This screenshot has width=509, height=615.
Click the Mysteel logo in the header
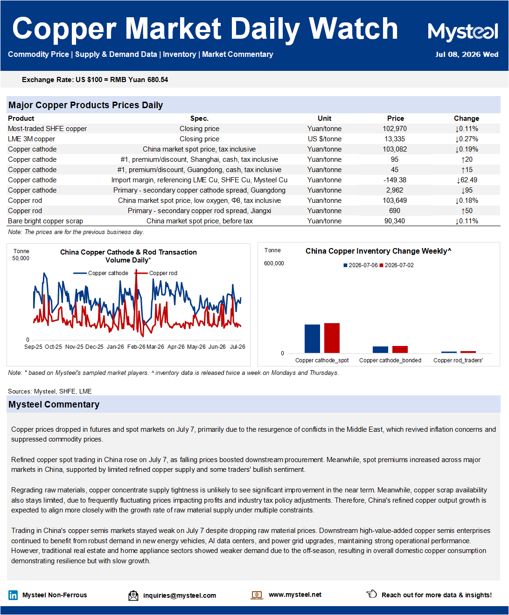click(x=463, y=32)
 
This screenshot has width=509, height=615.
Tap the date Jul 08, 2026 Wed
click(x=467, y=55)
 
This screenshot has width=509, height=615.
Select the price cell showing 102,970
click(x=395, y=129)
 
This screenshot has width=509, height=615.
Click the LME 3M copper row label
click(x=32, y=139)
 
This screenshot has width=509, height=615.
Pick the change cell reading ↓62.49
click(x=467, y=180)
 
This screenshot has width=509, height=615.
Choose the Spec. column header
click(x=199, y=118)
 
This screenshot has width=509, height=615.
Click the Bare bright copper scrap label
click(x=45, y=221)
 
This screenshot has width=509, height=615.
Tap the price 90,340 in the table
click(x=395, y=221)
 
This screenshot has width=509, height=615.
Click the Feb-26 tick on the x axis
click(x=136, y=347)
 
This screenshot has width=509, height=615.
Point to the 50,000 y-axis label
click(x=21, y=258)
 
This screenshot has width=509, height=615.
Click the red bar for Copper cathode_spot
click(x=332, y=338)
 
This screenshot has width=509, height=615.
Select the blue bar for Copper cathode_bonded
click(x=380, y=350)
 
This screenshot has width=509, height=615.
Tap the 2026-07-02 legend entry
click(x=397, y=265)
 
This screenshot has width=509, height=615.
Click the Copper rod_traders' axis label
click(x=458, y=360)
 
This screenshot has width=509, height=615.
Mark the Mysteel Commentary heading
click(x=54, y=404)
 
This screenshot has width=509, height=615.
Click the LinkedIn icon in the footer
click(x=13, y=595)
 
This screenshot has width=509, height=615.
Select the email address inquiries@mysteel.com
click(x=180, y=595)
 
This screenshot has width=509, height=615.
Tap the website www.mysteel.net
click(x=295, y=594)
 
